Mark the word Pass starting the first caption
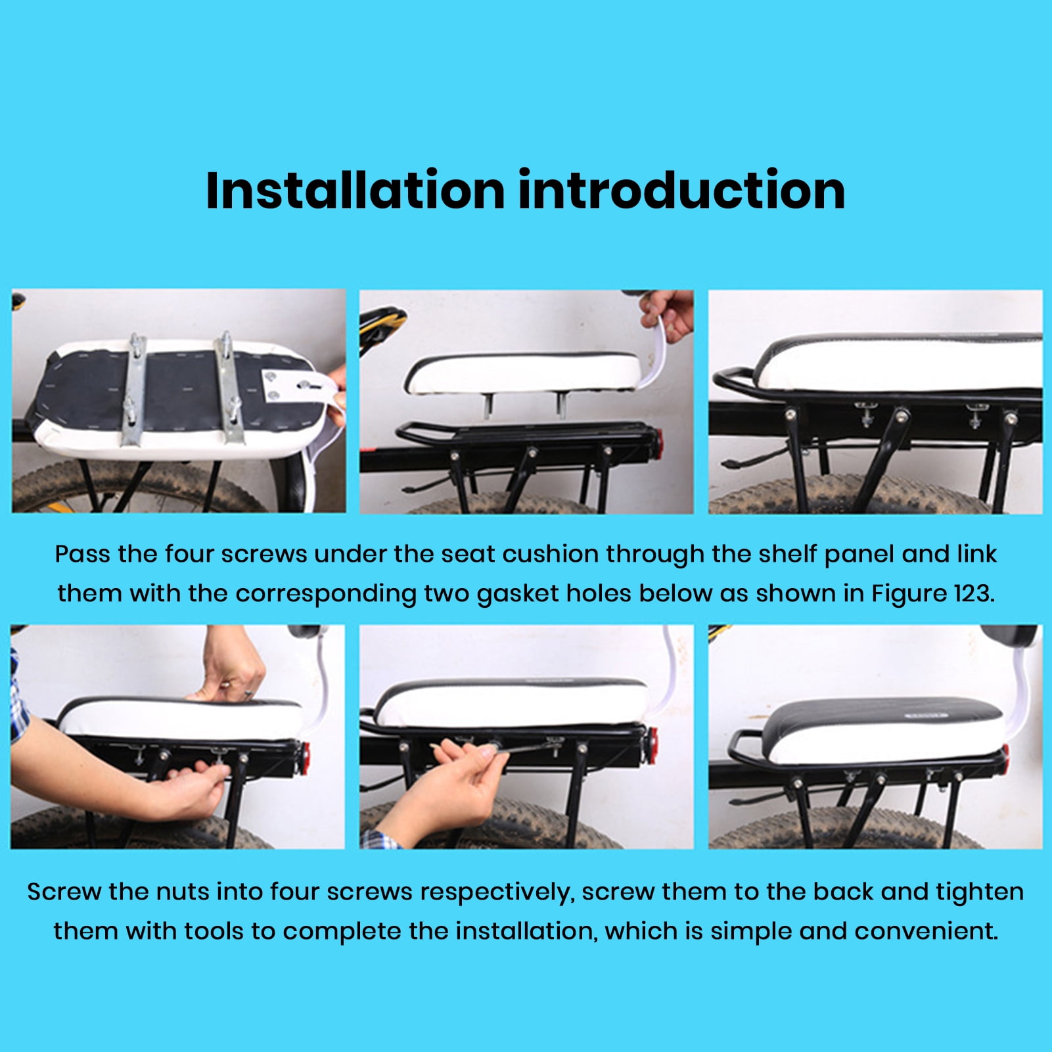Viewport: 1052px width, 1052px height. [82, 554]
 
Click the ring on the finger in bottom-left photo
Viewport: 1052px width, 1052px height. [248, 693]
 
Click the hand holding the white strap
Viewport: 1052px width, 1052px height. [669, 314]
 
